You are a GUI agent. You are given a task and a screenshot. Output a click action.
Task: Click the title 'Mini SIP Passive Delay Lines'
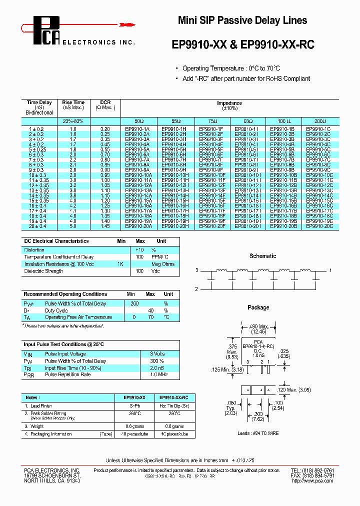pyautogui.click(x=242, y=20)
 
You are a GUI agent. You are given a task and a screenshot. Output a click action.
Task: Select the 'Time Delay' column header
pyautogui.click(x=39, y=102)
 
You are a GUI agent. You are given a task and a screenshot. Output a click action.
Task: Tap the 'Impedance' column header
pyautogui.click(x=229, y=103)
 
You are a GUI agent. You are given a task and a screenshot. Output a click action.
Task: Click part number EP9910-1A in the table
pyautogui.click(x=139, y=129)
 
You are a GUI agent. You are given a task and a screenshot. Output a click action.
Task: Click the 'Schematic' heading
pyautogui.click(x=262, y=256)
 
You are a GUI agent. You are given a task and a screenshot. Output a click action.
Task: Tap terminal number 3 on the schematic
pyautogui.click(x=197, y=270)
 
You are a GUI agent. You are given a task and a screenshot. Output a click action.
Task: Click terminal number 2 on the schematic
pyautogui.click(x=197, y=289)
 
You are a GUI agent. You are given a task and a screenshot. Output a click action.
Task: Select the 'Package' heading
pyautogui.click(x=258, y=307)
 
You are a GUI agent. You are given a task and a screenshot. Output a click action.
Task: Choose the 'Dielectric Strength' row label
pyautogui.click(x=43, y=271)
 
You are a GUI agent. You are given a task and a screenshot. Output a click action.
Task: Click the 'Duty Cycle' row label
pyautogui.click(x=56, y=310)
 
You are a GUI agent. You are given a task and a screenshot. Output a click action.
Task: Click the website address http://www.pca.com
pyautogui.click(x=312, y=480)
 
